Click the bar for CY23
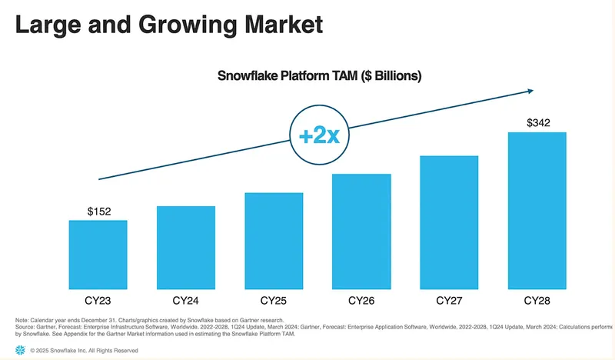(x=98, y=254)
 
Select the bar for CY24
(x=185, y=247)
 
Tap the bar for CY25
(x=274, y=240)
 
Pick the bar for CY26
(x=361, y=231)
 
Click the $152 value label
(x=98, y=210)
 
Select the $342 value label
(x=537, y=122)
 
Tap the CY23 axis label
(x=98, y=299)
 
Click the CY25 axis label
(x=274, y=299)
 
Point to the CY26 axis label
(x=361, y=299)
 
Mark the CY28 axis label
(x=537, y=299)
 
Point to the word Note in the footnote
(x=22, y=320)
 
